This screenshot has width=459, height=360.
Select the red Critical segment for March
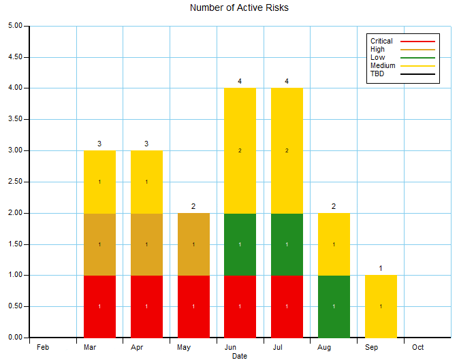[99, 306]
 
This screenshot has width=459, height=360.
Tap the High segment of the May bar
[193, 244]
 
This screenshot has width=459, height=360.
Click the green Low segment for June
[240, 244]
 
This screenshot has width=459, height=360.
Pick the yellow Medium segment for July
[287, 150]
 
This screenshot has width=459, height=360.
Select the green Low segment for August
[334, 306]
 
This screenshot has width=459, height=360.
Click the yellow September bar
[381, 306]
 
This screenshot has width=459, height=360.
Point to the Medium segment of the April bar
[146, 182]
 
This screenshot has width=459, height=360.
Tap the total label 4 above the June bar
[240, 82]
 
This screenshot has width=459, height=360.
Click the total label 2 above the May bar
[193, 206]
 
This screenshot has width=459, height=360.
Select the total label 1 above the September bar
[381, 268]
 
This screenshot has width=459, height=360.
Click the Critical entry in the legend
[381, 42]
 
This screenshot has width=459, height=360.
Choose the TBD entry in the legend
[377, 73]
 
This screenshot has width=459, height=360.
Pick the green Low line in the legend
[417, 58]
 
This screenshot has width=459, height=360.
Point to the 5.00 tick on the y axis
[14, 26]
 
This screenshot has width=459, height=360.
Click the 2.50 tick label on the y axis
[14, 182]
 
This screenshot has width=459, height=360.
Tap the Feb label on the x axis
[43, 347]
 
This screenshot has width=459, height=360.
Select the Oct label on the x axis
[417, 347]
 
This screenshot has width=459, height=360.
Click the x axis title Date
[239, 356]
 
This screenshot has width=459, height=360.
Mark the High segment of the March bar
[99, 244]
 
